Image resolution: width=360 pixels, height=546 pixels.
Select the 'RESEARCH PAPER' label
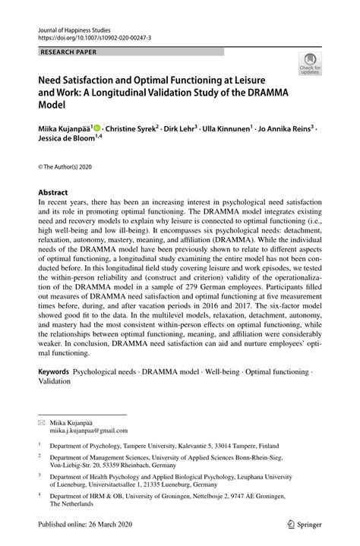pyautogui.click(x=68, y=51)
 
